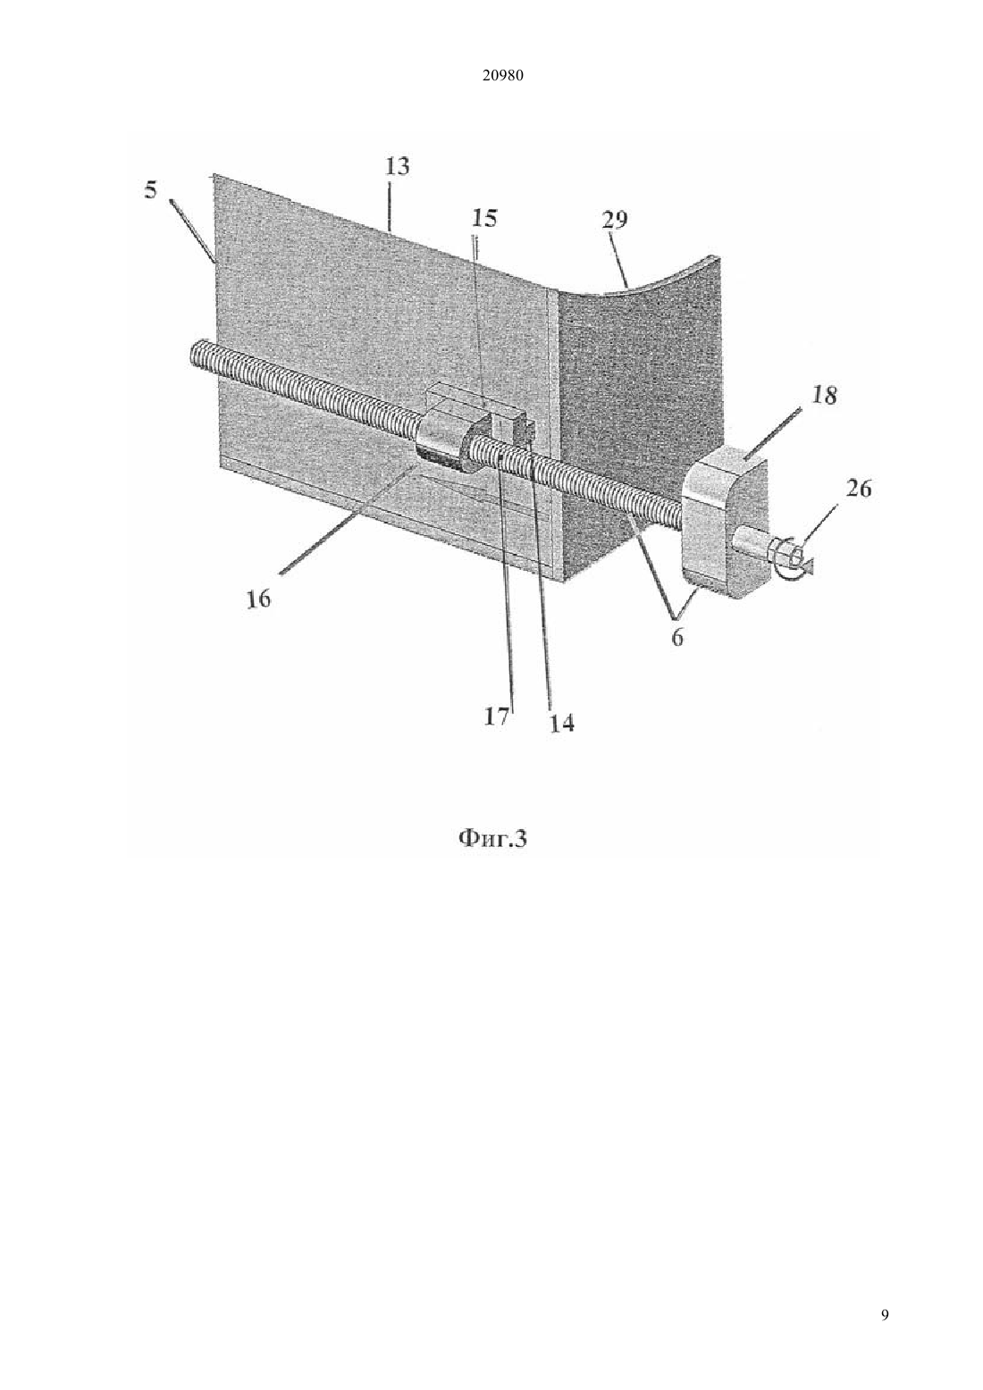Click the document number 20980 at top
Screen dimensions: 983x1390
point(502,76)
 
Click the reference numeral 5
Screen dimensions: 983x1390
point(151,190)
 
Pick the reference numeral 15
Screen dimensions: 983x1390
point(484,219)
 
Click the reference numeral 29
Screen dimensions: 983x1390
point(614,220)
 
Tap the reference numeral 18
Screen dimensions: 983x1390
point(823,395)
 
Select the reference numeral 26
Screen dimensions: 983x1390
point(858,489)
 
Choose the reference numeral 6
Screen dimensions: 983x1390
point(677,637)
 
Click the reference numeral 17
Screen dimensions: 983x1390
point(497,717)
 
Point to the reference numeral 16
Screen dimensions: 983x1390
point(257,599)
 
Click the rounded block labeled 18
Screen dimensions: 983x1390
point(724,523)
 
